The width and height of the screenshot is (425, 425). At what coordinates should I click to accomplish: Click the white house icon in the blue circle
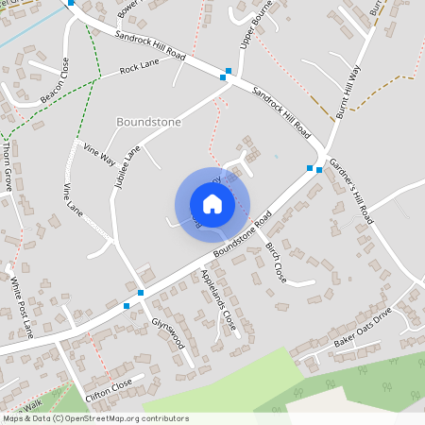[x=212, y=204]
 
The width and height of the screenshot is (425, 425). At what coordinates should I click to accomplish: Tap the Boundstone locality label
[x=147, y=123]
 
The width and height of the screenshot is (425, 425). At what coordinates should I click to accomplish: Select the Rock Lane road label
[x=141, y=69]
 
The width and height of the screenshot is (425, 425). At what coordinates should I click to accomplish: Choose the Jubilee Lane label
[x=126, y=169]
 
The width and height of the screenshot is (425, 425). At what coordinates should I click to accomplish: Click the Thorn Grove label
[x=8, y=166]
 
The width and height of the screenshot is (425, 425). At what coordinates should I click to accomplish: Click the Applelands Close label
[x=217, y=300]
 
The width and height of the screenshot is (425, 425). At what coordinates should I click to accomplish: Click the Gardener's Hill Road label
[x=352, y=190]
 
